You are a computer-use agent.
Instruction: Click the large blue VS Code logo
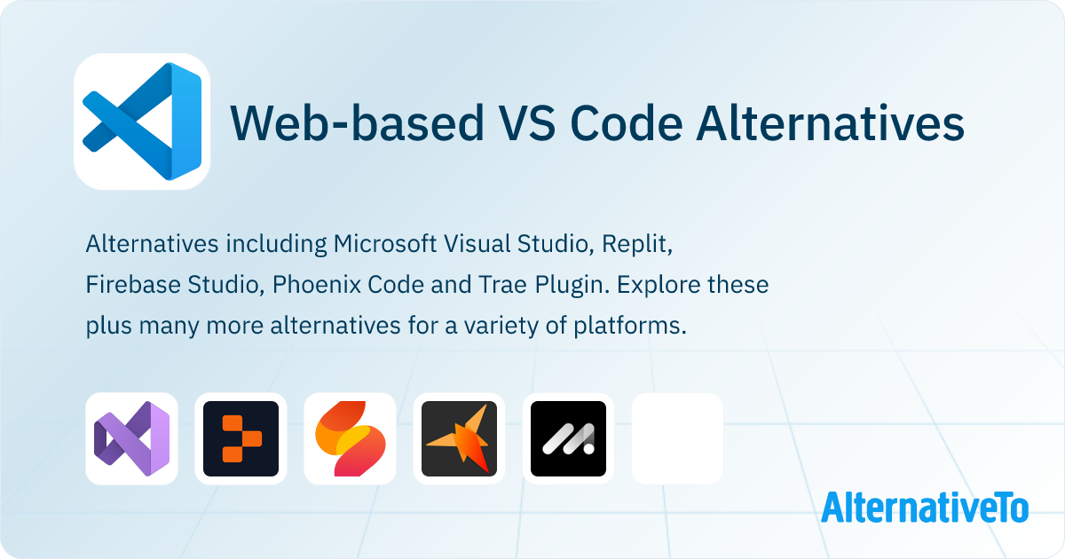[x=142, y=122]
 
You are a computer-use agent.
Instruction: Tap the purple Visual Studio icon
[x=131, y=438]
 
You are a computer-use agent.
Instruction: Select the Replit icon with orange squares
[x=241, y=438]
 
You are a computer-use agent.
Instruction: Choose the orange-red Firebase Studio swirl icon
[x=350, y=438]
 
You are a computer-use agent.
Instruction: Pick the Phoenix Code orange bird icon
[x=459, y=438]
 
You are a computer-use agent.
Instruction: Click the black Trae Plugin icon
[x=568, y=438]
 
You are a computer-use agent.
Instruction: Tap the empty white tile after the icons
[x=677, y=438]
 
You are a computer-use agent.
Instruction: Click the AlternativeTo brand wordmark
[x=924, y=507]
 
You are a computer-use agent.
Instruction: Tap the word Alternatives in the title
[x=830, y=123]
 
